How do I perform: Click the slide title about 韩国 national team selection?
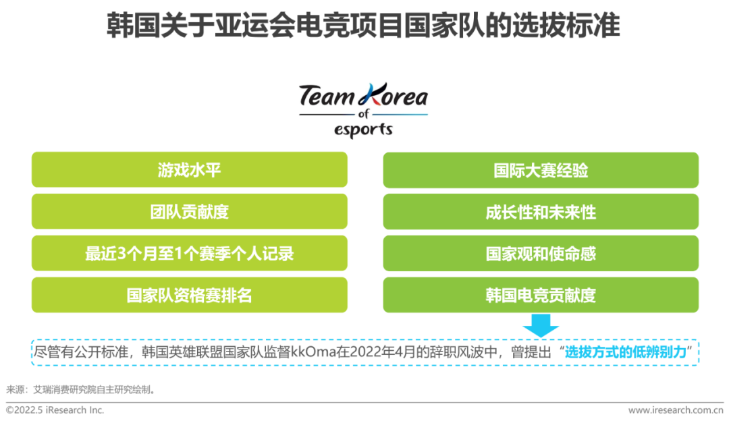[363, 25]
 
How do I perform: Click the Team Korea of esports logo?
[363, 111]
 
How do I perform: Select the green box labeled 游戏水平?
[189, 169]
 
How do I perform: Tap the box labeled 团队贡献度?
[189, 211]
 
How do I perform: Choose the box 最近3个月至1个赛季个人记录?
[189, 253]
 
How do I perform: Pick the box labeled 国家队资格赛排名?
[189, 295]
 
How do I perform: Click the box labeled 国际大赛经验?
[541, 170]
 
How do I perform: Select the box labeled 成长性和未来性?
[541, 212]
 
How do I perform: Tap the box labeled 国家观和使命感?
[541, 254]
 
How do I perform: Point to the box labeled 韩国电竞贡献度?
[541, 295]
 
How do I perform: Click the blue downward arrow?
[541, 326]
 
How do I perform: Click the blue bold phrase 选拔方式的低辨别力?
[626, 352]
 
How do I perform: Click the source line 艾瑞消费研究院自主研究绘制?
[92, 389]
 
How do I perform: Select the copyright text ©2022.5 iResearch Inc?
[55, 410]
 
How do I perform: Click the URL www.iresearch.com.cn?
[676, 410]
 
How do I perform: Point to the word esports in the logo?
[363, 130]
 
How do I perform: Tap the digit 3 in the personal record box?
[122, 254]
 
